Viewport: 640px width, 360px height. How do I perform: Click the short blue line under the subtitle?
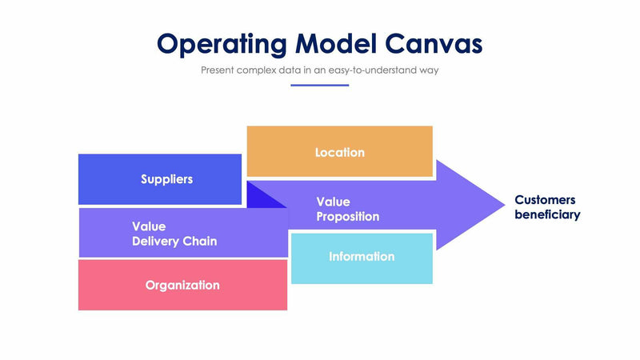pyautogui.click(x=319, y=85)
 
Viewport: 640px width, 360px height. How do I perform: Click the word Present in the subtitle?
pyautogui.click(x=219, y=70)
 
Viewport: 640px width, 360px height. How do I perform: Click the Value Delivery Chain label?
pyautogui.click(x=174, y=234)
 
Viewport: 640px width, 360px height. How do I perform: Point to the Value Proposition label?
pyautogui.click(x=347, y=209)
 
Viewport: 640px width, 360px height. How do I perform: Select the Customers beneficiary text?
pyautogui.click(x=546, y=207)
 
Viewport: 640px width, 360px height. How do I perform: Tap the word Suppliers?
pyautogui.click(x=166, y=179)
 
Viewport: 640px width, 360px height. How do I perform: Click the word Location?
pyautogui.click(x=339, y=152)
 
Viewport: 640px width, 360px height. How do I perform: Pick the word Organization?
pyautogui.click(x=182, y=285)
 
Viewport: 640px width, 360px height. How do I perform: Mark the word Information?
pyautogui.click(x=362, y=257)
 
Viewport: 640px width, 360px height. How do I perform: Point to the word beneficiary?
pyautogui.click(x=547, y=215)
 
